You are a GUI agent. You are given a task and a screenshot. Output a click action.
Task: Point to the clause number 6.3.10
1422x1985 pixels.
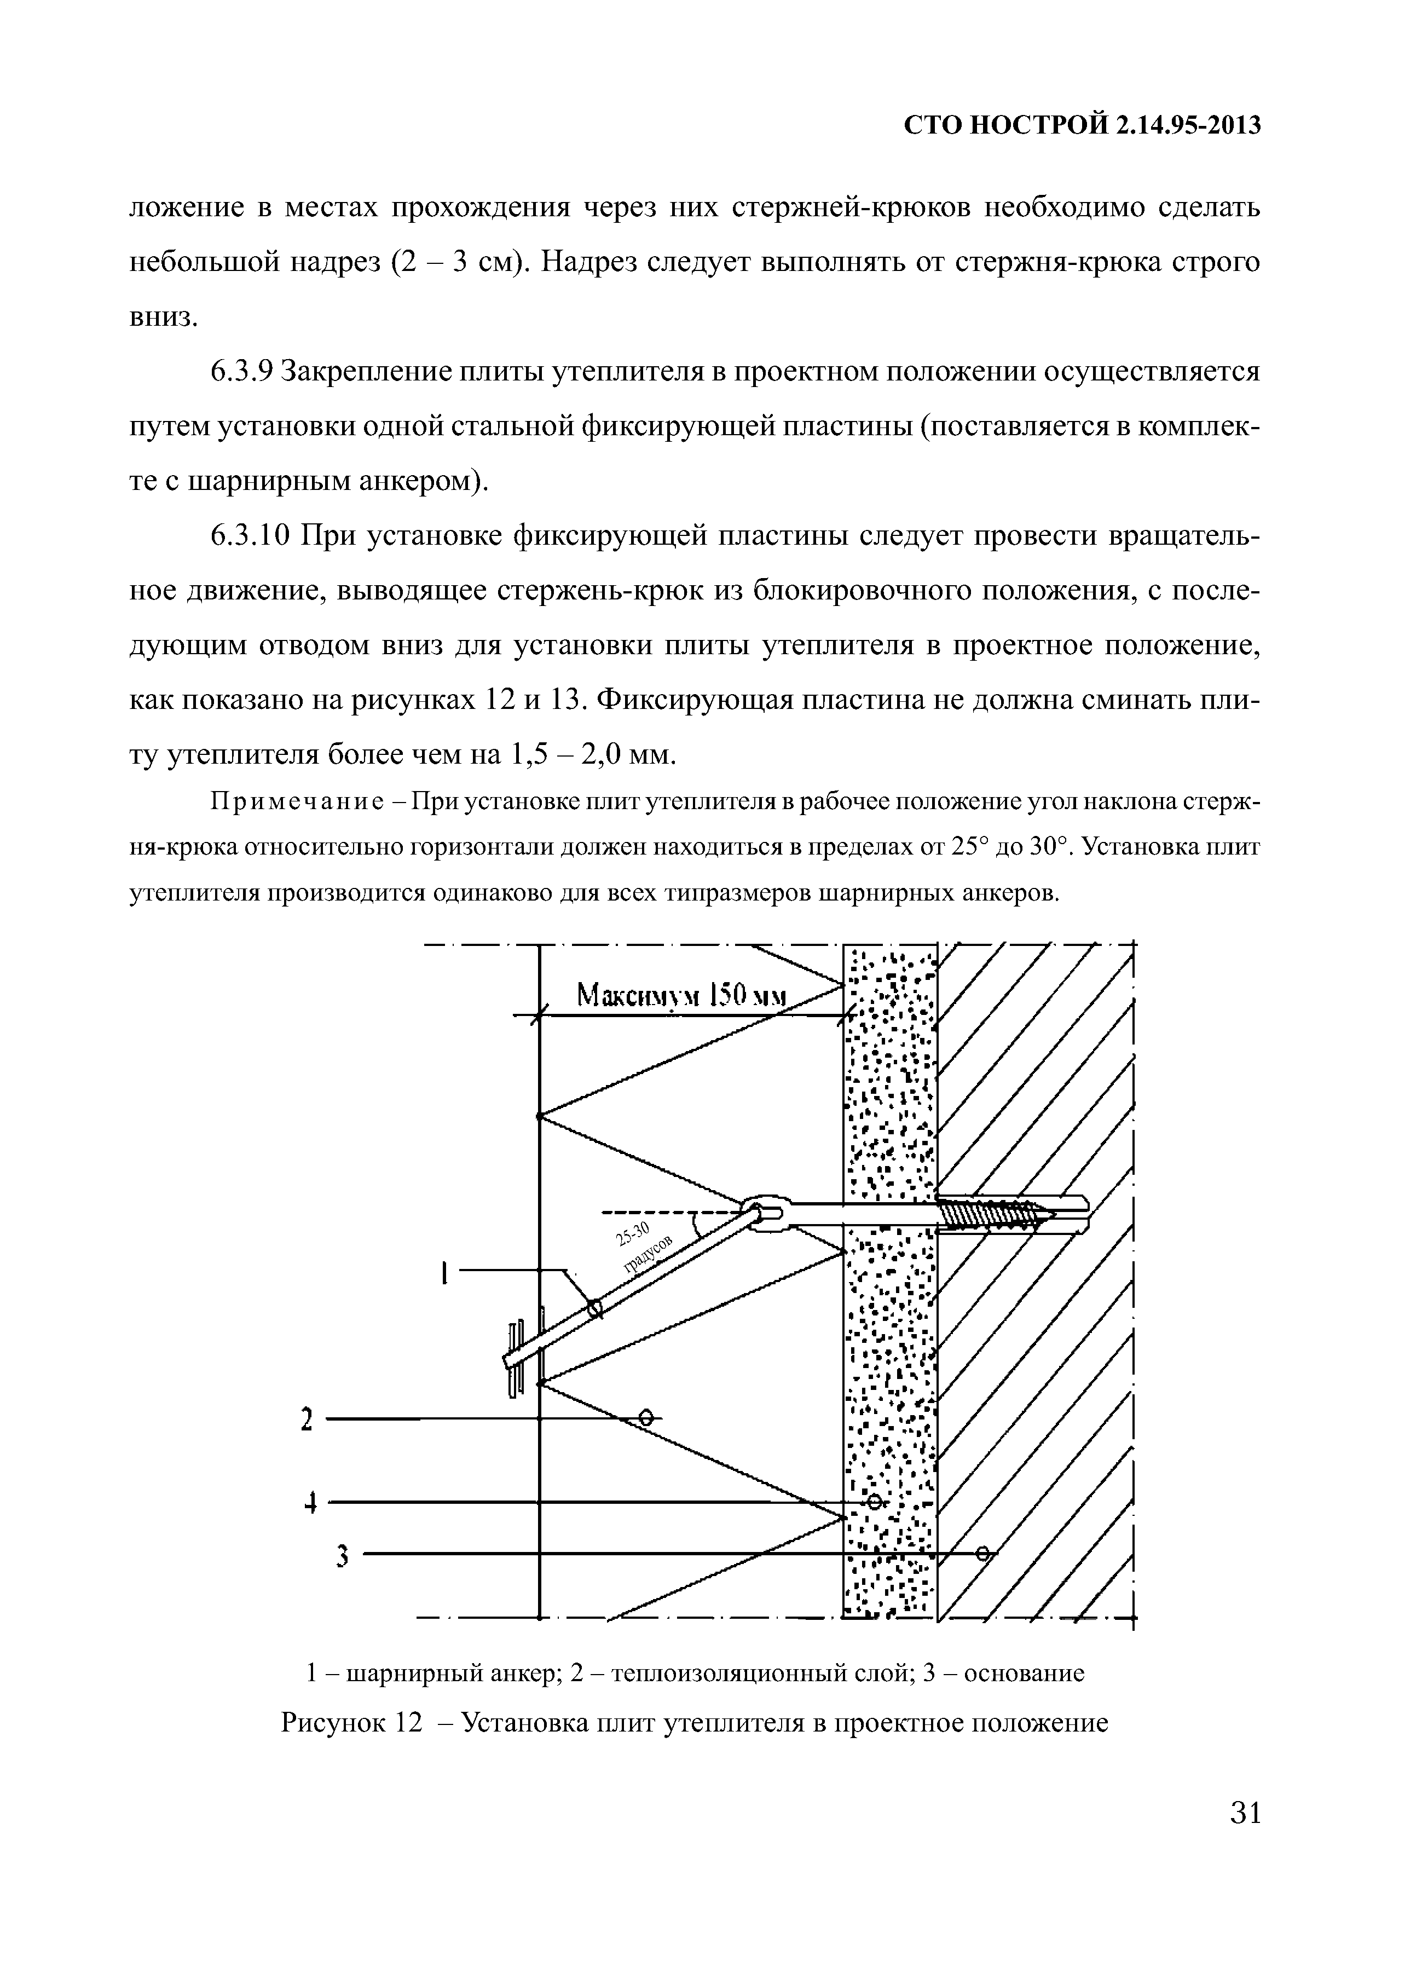[250, 535]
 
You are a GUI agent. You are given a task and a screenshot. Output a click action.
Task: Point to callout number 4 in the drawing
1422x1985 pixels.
[308, 1504]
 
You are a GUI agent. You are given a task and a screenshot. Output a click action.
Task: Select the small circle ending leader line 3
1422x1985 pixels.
[982, 1554]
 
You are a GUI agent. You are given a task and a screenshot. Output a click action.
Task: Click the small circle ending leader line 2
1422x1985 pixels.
[646, 1418]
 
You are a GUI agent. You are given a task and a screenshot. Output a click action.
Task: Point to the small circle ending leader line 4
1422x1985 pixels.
[874, 1502]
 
